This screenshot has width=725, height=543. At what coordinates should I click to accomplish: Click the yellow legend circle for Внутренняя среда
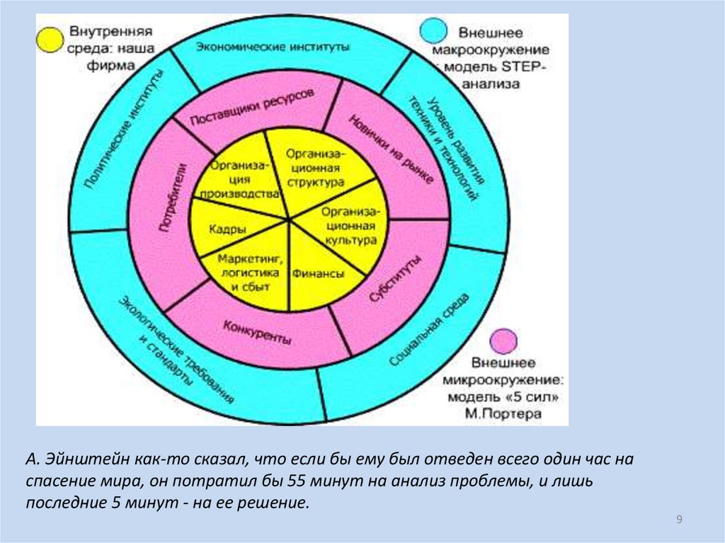50,40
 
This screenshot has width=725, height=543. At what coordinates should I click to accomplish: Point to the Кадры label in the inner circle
228,229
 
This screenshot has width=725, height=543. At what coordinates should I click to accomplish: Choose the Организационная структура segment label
316,167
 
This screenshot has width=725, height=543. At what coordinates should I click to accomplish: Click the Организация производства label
235,179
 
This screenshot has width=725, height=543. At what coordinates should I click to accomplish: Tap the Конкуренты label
257,332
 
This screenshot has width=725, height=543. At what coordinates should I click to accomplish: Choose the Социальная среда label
429,330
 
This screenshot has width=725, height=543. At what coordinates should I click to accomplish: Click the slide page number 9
679,520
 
